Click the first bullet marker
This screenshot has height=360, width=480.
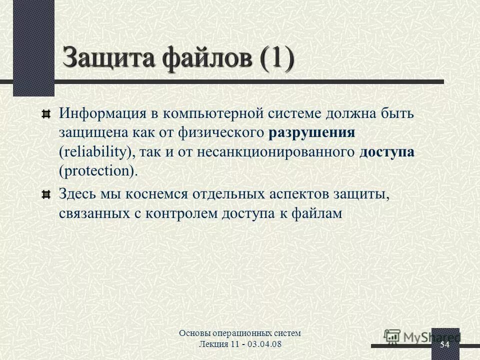pos(46,114)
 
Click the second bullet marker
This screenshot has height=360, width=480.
pos(46,194)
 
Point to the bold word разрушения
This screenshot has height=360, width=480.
pos(311,132)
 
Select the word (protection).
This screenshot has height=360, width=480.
pos(98,171)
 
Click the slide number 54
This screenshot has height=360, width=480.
pos(444,345)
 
